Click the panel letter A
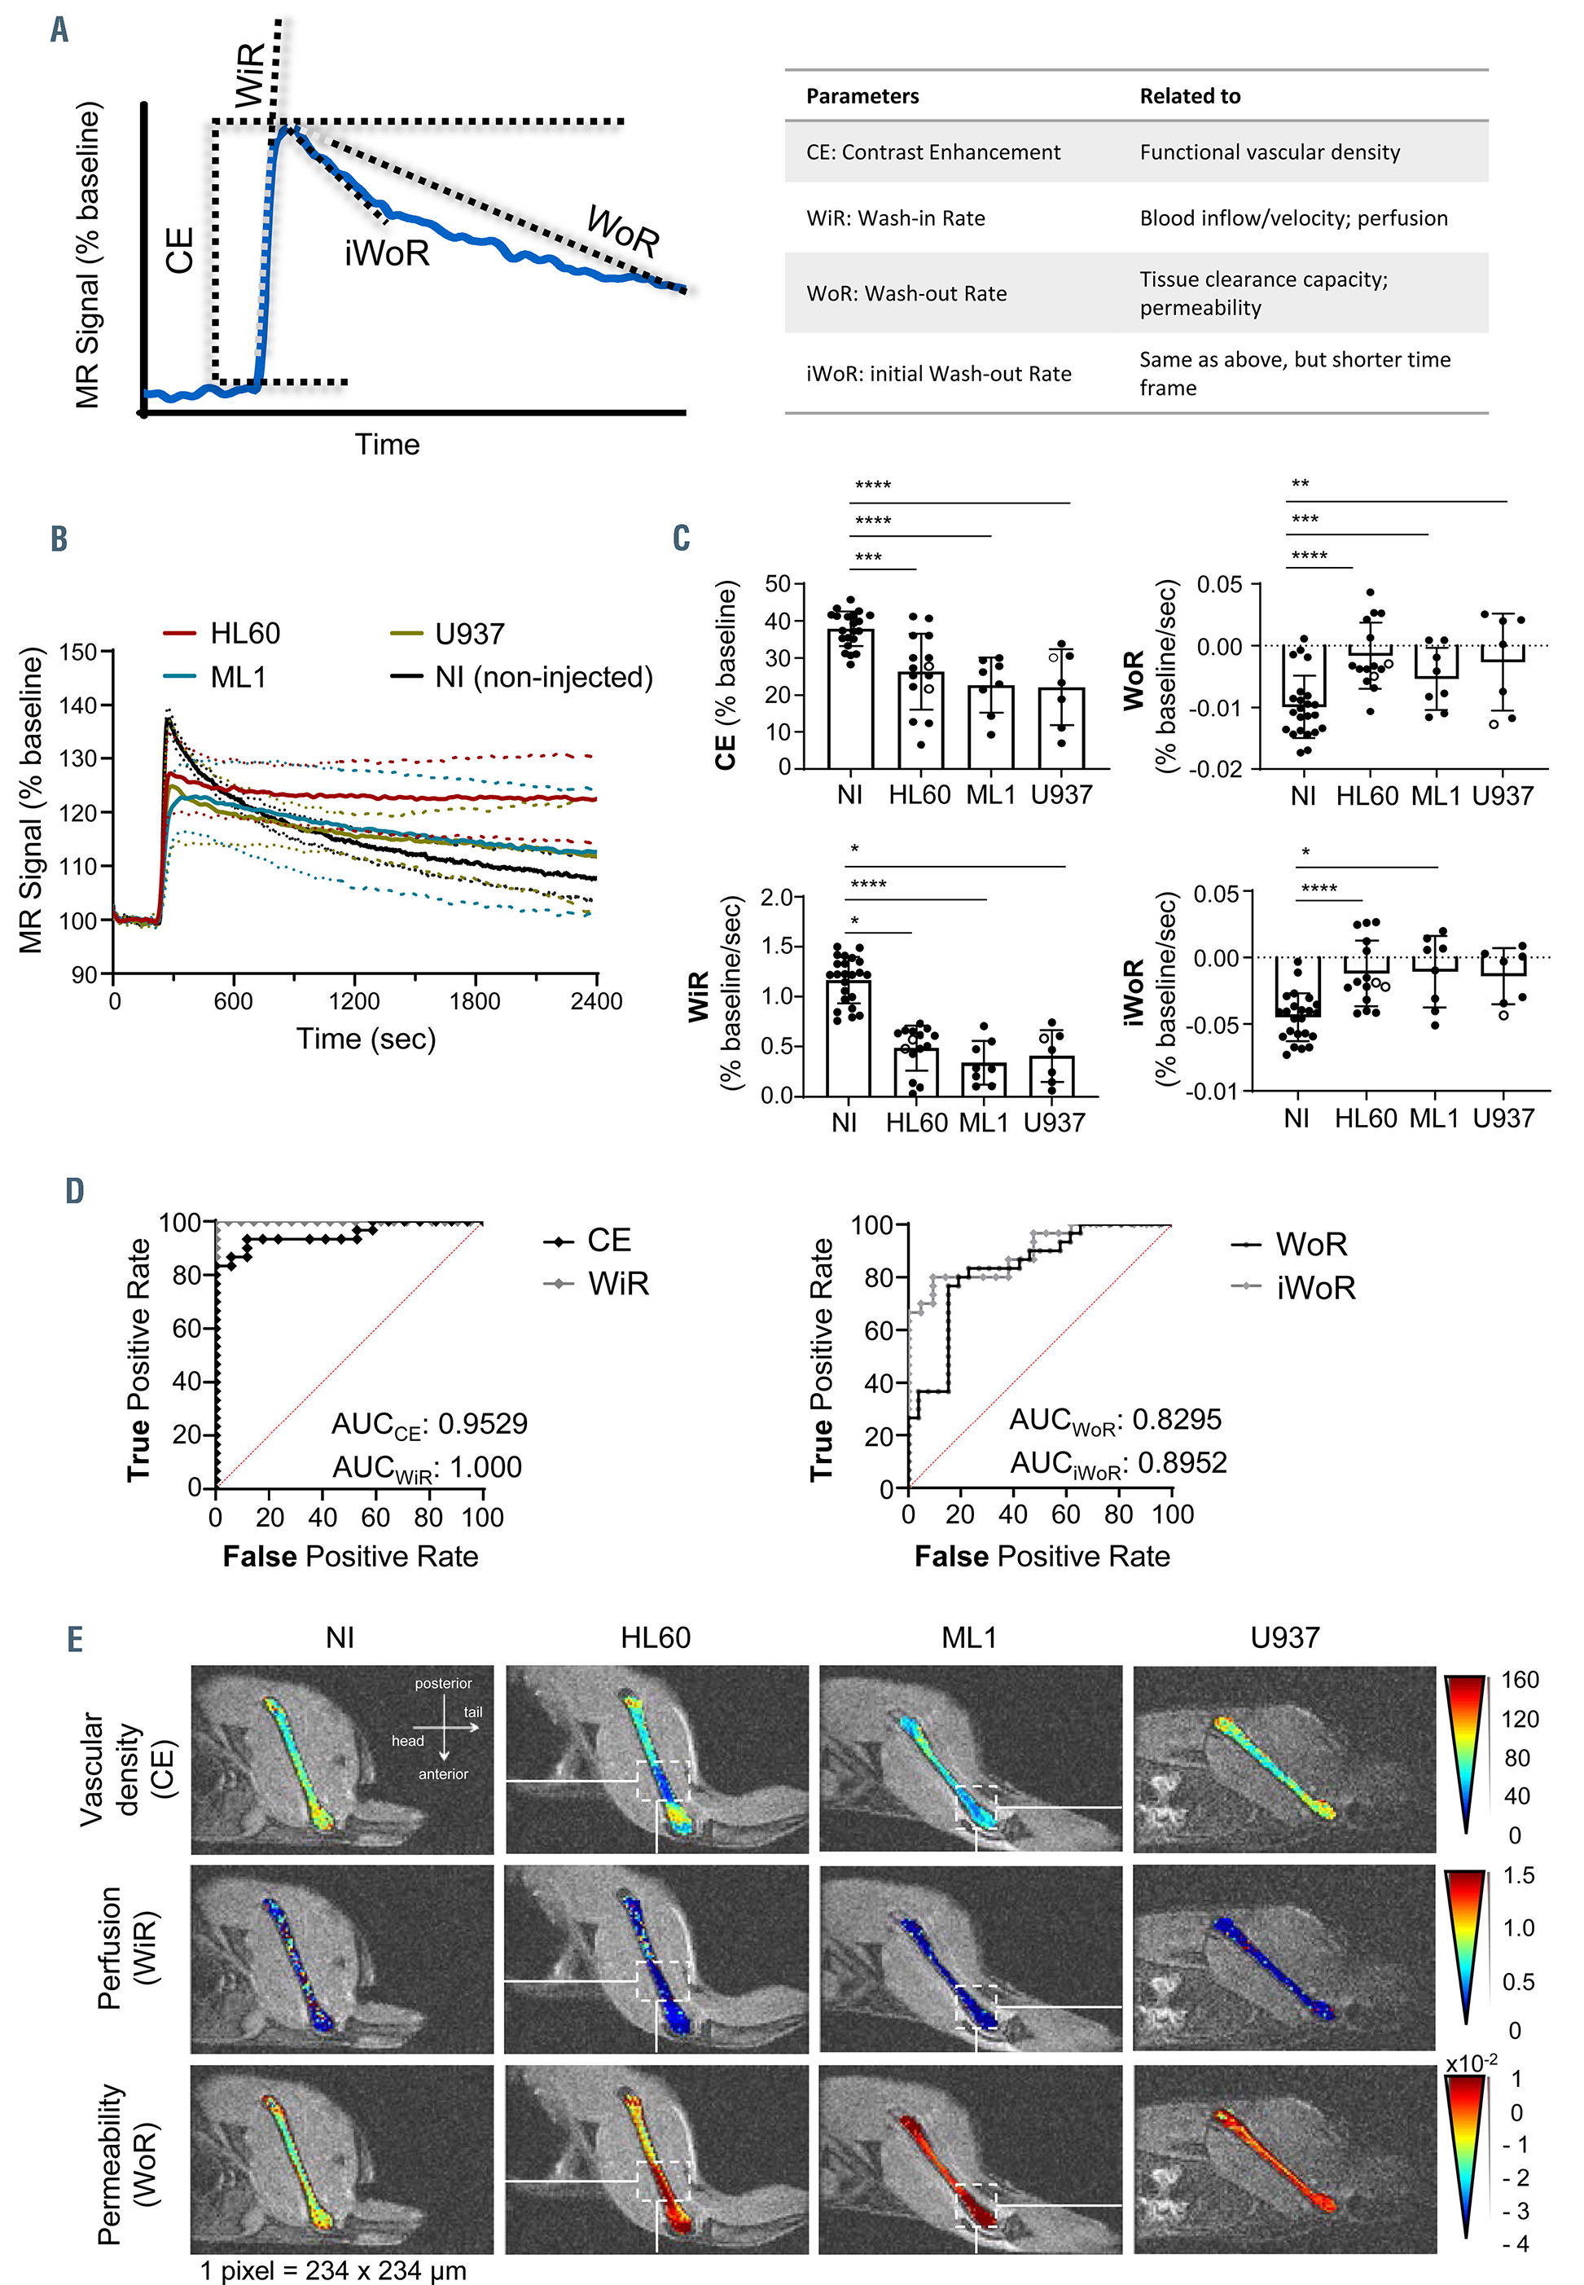59,30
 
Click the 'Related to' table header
1189,96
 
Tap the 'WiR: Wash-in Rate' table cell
895,218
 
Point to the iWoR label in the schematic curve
387,254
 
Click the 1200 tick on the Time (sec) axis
354,1000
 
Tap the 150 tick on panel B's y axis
78,653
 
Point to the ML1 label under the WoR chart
1435,795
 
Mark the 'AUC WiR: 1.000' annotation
427,1467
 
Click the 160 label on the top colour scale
1520,1681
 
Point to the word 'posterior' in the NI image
443,1684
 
